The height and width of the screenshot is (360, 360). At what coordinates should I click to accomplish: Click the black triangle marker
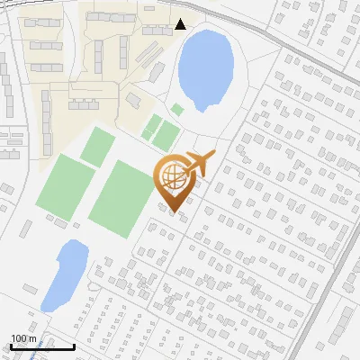pos(181,24)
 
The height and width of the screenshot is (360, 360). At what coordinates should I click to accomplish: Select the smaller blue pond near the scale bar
pos(64,274)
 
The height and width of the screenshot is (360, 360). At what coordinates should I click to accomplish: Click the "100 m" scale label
pos(23,337)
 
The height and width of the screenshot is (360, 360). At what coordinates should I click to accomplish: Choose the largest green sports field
pos(121,194)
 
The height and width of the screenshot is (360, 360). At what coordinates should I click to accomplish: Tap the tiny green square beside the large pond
pos(177,109)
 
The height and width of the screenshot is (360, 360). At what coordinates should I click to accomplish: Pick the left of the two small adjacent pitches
pos(151,127)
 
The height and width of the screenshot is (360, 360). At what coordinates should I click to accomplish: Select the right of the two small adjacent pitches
pos(166,136)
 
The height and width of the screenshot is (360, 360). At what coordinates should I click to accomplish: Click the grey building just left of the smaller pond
pos(31,289)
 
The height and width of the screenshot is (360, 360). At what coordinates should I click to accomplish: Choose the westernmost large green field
pos(64,184)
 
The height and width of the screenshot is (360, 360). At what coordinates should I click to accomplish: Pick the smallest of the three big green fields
pos(98,146)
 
